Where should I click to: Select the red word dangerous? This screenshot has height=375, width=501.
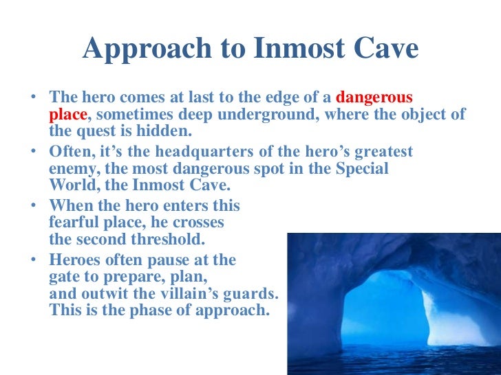[x=374, y=97]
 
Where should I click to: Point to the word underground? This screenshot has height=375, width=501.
[x=266, y=113]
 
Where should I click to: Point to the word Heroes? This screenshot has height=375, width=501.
[x=78, y=260]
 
